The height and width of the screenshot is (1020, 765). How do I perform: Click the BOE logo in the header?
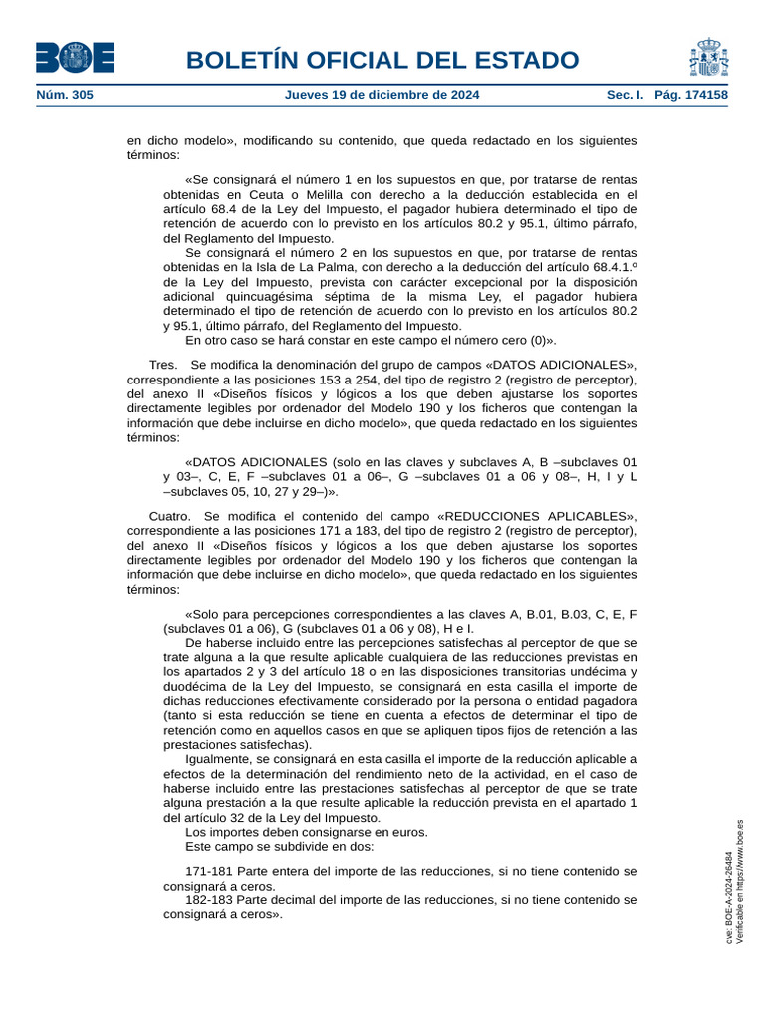75,58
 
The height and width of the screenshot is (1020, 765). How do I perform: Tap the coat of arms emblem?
707,58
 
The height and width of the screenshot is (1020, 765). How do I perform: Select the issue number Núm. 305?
64,95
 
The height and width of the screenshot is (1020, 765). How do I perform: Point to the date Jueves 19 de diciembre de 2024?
382,95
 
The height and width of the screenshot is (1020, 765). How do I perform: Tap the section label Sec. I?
626,95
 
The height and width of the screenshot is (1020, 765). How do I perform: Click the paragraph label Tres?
163,365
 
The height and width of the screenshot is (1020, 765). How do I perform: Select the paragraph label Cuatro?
170,516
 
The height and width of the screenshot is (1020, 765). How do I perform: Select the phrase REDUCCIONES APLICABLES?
533,516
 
